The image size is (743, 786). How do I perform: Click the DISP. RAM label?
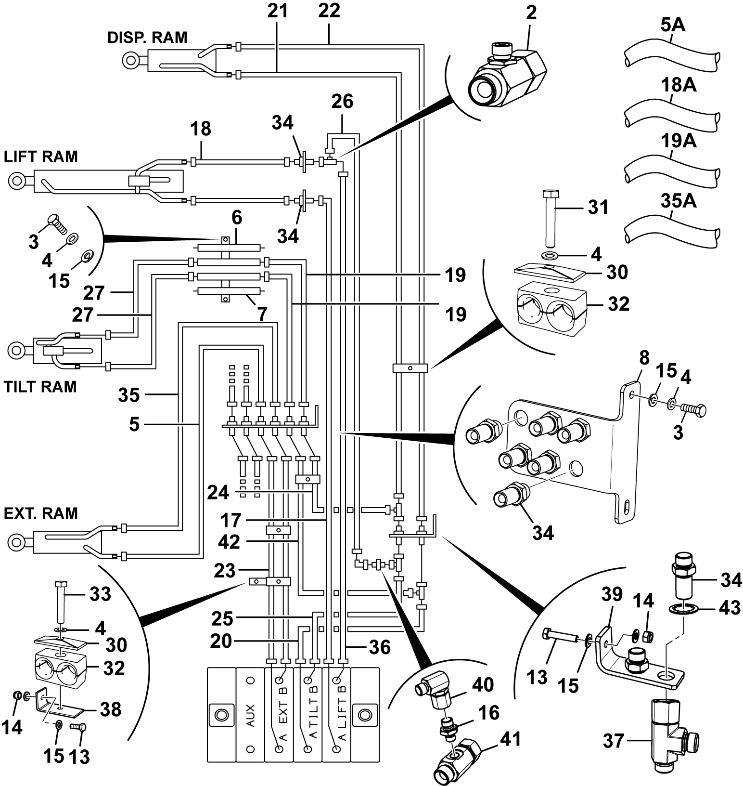(x=147, y=38)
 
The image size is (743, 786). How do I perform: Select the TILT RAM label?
(x=40, y=387)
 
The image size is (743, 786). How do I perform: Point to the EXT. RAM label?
(x=41, y=513)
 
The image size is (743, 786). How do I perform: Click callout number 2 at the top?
(x=531, y=13)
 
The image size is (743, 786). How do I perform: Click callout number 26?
(x=342, y=101)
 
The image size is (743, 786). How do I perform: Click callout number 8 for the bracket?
(x=644, y=358)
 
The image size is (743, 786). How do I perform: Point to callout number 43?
(x=729, y=608)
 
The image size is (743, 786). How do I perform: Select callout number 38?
(x=111, y=709)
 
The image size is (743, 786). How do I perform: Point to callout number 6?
(x=237, y=218)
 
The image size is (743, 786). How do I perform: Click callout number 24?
(x=219, y=492)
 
